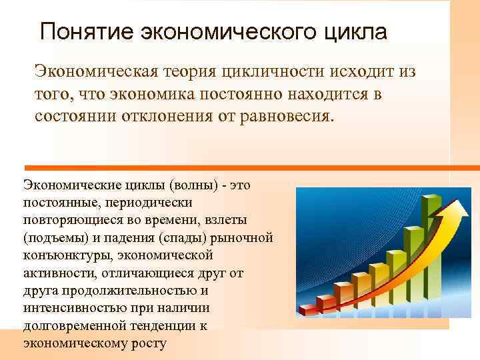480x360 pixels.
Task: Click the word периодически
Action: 158,201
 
